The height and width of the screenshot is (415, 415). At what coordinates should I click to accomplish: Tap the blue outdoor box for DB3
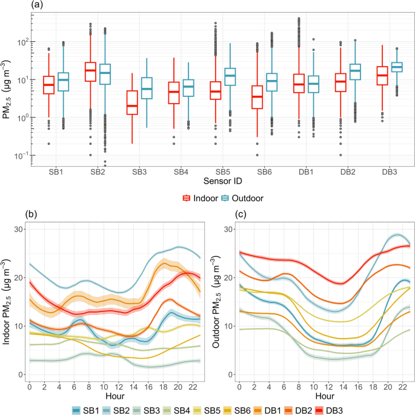(397, 67)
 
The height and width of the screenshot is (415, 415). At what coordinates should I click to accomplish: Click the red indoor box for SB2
(90, 71)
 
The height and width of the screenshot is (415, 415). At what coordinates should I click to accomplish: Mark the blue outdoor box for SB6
(272, 82)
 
